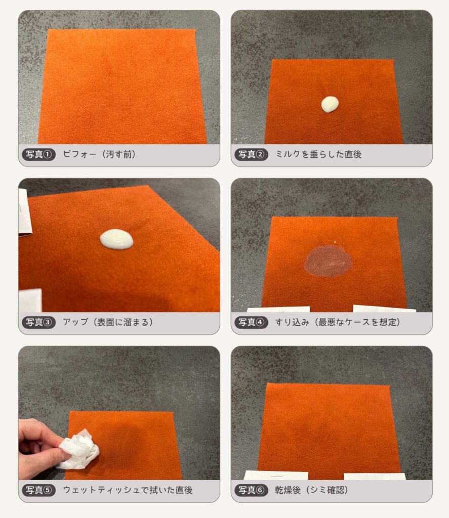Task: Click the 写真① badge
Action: pos(38,154)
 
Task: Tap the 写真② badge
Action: pos(251,154)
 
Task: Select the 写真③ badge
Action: pos(38,322)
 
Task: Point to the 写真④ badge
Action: pos(251,322)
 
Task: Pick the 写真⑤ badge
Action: pos(38,490)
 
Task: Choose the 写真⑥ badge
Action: pos(251,490)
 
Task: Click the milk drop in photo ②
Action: pos(330,104)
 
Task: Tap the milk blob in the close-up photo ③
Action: pos(116,239)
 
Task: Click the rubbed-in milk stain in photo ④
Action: pos(328,261)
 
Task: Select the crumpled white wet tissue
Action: pos(78,449)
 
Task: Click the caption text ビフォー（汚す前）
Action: pos(99,154)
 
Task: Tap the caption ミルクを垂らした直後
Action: pos(318,154)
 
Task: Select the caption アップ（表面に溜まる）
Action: pos(108,322)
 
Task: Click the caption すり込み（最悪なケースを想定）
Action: pos(338,322)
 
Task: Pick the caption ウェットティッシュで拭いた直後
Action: pos(128,490)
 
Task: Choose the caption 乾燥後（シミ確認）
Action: pos(311,490)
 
